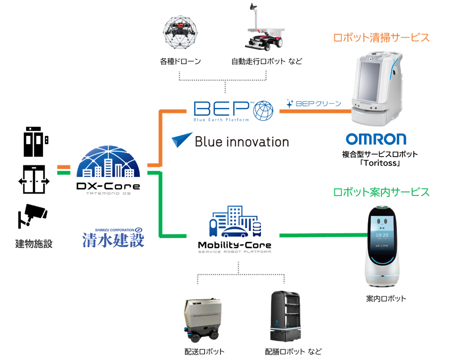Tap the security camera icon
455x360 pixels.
tap(32, 215)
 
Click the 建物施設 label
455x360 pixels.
tap(34, 243)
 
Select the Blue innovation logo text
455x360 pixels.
tap(241, 141)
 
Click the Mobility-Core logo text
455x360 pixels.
tap(234, 245)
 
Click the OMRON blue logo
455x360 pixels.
tap(376, 139)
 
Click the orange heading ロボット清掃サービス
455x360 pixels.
tap(381, 38)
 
